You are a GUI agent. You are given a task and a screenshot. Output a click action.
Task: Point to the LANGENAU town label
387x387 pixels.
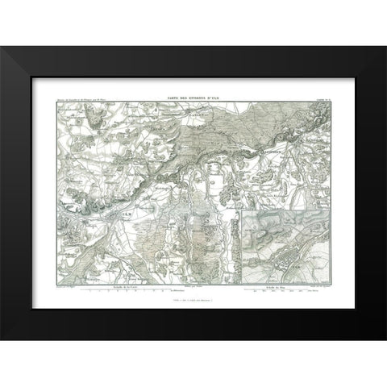pyautogui.click(x=220, y=117)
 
